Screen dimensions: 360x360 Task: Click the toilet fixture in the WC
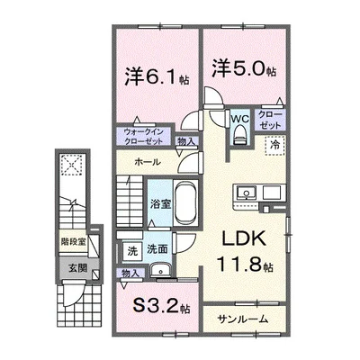[x=238, y=136]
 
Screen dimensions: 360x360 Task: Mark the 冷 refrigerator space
[x=274, y=144]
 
